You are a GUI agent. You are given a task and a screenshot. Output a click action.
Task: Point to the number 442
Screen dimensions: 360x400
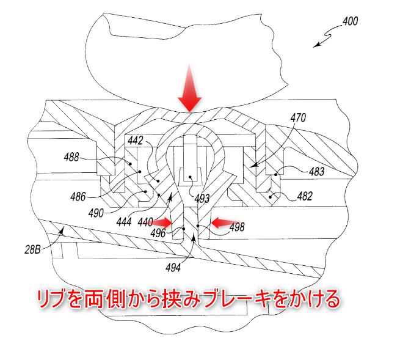point(135,141)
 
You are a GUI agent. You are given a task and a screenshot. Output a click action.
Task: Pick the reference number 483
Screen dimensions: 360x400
point(316,172)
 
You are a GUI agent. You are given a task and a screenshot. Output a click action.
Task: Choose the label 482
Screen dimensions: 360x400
point(305,196)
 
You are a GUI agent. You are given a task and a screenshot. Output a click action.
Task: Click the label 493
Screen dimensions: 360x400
point(202,198)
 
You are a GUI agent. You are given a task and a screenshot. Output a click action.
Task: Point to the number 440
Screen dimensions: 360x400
point(145,224)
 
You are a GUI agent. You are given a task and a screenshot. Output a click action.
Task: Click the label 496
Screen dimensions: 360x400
point(158,233)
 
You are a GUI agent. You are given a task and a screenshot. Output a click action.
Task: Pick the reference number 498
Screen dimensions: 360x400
point(236,227)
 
